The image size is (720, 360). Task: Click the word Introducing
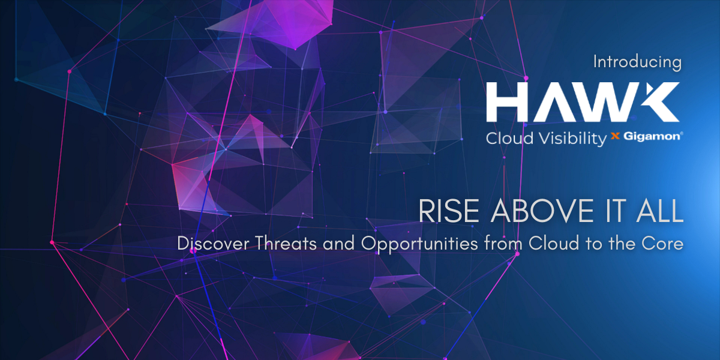(x=637, y=62)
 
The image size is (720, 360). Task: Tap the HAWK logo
(x=583, y=102)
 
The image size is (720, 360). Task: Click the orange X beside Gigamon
(x=615, y=136)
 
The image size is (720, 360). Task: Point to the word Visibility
(x=572, y=139)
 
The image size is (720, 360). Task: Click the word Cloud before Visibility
(x=510, y=139)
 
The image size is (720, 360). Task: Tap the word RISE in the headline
(x=448, y=211)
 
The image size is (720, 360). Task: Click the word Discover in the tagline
(x=213, y=243)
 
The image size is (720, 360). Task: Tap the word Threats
(x=286, y=243)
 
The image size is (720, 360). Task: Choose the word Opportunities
(x=419, y=244)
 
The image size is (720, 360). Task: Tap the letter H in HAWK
(x=507, y=102)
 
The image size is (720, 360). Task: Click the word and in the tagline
(x=339, y=243)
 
